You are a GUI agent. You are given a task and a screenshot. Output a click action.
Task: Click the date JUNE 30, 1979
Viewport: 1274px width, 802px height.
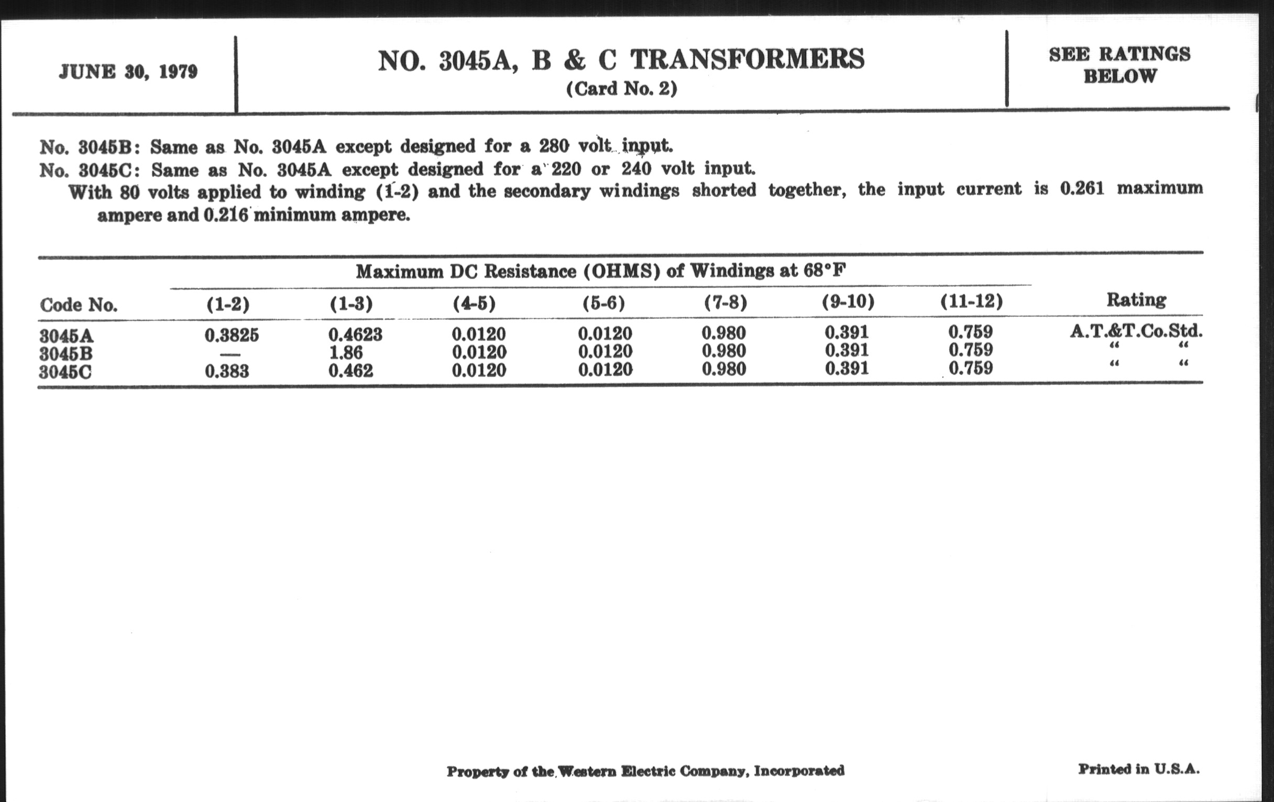pyautogui.click(x=128, y=71)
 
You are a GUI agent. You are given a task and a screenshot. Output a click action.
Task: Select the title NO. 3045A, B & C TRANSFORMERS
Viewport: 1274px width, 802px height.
pyautogui.click(x=621, y=59)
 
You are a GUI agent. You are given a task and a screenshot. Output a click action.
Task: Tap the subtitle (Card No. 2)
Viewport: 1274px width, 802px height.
pyautogui.click(x=622, y=89)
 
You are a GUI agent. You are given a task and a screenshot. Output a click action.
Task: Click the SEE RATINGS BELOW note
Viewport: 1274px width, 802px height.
pyautogui.click(x=1119, y=64)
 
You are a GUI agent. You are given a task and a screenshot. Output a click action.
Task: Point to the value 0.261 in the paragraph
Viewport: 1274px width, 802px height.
pyautogui.click(x=1082, y=189)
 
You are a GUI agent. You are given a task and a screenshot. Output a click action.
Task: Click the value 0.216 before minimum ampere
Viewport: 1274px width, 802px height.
pyautogui.click(x=225, y=215)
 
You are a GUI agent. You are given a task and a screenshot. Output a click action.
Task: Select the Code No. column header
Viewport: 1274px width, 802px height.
pyautogui.click(x=78, y=305)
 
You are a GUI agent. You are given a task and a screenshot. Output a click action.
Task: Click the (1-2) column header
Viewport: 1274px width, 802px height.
pyautogui.click(x=228, y=304)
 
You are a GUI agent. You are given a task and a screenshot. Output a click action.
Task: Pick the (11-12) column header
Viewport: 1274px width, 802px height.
pyautogui.click(x=971, y=301)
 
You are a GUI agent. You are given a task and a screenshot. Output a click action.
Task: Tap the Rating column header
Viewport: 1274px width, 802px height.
pyautogui.click(x=1136, y=300)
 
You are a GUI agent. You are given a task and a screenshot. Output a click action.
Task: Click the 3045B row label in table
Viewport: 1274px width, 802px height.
pyautogui.click(x=65, y=354)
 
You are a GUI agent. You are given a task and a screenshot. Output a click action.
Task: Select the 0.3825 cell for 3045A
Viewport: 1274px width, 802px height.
pyautogui.click(x=232, y=334)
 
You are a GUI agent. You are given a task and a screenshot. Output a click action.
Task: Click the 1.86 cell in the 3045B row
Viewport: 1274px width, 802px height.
pyautogui.click(x=346, y=352)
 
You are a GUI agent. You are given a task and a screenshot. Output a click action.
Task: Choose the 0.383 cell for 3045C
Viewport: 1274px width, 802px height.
pyautogui.click(x=227, y=371)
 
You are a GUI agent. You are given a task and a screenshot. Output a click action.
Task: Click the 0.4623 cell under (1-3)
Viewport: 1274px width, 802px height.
pyautogui.click(x=355, y=334)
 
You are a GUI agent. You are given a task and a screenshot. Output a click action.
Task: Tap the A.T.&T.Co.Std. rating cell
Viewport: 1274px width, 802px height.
pyautogui.click(x=1136, y=331)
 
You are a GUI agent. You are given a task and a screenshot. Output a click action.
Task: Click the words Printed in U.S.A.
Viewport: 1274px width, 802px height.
pyautogui.click(x=1138, y=768)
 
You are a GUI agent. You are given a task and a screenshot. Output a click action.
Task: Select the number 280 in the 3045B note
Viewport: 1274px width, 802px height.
pyautogui.click(x=554, y=145)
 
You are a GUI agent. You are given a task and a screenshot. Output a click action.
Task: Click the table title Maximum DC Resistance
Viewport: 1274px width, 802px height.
pyautogui.click(x=600, y=271)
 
